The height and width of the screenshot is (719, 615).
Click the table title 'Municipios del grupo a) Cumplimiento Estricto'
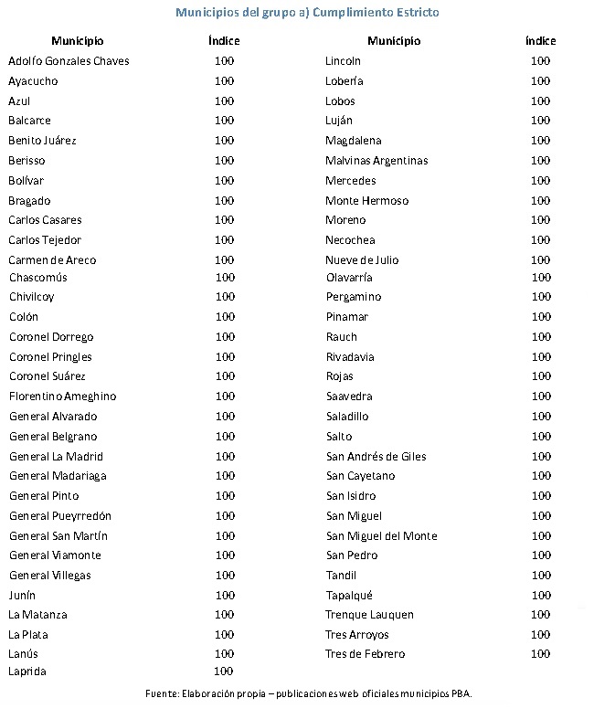307,13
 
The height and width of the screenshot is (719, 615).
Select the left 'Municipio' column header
78,41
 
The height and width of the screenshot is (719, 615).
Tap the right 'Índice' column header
540,41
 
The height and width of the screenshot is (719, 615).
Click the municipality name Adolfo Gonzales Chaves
69,61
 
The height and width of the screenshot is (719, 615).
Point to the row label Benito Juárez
42,141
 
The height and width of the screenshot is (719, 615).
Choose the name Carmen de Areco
52,260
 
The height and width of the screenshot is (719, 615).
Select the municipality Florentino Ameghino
62,397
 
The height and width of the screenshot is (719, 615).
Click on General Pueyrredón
60,516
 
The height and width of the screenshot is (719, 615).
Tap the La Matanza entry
37,615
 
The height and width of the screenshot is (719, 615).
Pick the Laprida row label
27,671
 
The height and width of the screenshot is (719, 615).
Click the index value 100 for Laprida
223,671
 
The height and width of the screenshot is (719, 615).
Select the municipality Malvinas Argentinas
376,161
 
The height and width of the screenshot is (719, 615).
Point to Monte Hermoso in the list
366,201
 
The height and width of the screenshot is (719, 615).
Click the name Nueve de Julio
362,260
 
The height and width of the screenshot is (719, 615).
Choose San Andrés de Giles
376,457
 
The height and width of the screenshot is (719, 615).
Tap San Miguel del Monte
381,536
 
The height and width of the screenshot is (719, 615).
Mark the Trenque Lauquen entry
369,615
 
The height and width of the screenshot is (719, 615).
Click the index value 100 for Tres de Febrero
540,654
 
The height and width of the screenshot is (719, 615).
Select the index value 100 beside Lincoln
540,61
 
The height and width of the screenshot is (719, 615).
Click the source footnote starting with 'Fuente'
308,693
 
